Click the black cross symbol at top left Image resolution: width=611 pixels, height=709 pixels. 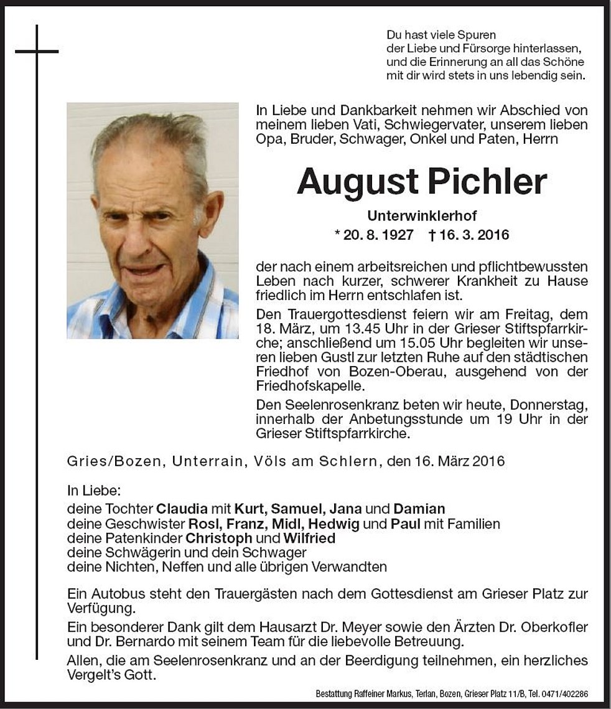pos(37,52)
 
